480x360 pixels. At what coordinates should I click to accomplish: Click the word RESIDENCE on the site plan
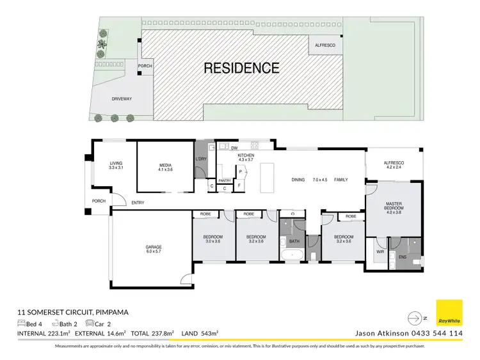(x=241, y=68)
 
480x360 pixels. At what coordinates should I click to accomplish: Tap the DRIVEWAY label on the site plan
(x=121, y=100)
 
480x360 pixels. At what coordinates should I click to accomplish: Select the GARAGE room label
(x=153, y=247)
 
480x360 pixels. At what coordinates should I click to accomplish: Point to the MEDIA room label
(x=165, y=165)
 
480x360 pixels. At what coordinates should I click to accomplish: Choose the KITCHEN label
(x=246, y=155)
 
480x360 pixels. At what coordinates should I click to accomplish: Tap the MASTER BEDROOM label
(x=394, y=205)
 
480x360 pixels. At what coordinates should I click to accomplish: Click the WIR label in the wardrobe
(x=380, y=251)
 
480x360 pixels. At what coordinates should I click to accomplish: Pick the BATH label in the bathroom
(x=293, y=242)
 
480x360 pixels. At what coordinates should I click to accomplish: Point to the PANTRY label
(x=225, y=181)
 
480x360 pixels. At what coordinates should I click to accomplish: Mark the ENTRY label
(x=138, y=203)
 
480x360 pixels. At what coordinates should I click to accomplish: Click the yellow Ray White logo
(x=449, y=313)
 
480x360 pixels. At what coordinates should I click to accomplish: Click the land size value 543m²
(x=209, y=333)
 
